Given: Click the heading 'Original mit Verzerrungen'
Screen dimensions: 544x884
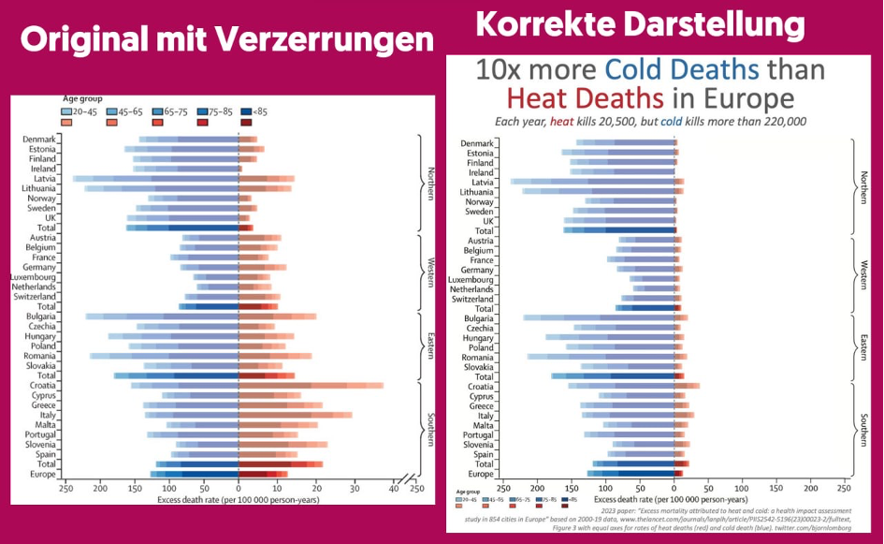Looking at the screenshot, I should tap(227, 39).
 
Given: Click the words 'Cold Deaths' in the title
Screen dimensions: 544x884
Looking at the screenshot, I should tap(681, 69).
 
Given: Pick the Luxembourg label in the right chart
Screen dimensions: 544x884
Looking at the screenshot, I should tap(471, 279).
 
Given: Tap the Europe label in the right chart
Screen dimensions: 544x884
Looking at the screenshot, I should tap(479, 474).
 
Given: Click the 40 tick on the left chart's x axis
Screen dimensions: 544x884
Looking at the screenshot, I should tap(394, 488).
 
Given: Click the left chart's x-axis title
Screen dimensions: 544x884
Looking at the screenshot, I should tap(239, 500).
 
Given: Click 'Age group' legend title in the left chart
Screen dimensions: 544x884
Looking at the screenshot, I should tap(82, 98).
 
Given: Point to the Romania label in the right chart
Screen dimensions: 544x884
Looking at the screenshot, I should tap(476, 357).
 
